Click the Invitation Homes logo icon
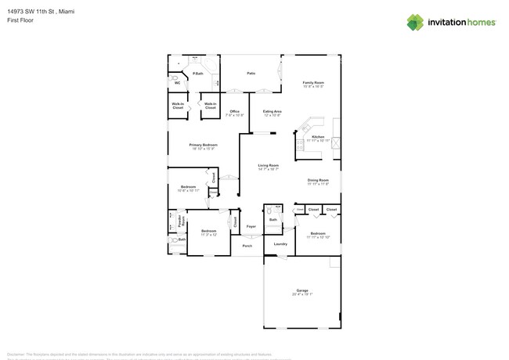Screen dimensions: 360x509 415,22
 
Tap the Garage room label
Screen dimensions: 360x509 302,290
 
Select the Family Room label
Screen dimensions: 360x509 314,82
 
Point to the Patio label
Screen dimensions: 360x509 251,73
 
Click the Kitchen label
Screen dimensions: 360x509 318,137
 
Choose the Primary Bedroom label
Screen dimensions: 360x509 203,145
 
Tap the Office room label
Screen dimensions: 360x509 234,112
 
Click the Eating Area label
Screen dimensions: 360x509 273,112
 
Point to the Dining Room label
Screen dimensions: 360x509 318,180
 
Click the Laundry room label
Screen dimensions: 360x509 280,243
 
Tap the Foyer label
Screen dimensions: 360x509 251,226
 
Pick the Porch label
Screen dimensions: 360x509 247,245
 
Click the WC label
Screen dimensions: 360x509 177,83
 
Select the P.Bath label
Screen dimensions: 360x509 198,74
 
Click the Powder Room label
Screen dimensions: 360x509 181,221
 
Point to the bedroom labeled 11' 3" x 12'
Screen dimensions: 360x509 208,231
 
